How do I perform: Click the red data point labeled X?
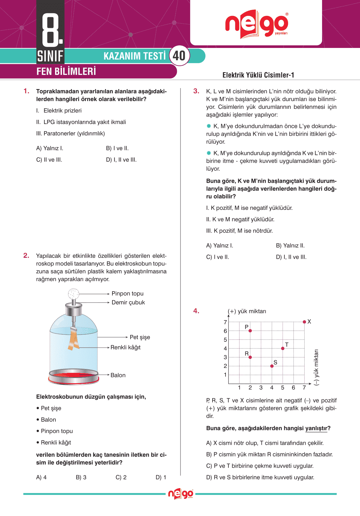pos(304,322)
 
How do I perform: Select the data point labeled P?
pos(250,331)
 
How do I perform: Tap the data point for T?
pos(283,348)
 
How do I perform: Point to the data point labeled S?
pos(272,366)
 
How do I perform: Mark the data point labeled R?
pos(250,357)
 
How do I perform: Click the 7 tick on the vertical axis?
pos(226,322)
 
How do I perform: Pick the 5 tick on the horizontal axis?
pos(283,387)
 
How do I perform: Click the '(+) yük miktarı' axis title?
pos(247,311)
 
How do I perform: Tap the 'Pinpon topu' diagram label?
pos(127,293)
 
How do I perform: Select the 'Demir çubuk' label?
pos(128,302)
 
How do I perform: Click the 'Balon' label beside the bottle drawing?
pos(118,375)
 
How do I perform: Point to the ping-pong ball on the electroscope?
pos(74,294)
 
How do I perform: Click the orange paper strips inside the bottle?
pos(74,339)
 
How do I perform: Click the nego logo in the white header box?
pos(257,24)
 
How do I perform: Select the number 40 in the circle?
pos(179,56)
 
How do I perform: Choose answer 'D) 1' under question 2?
pos(161,477)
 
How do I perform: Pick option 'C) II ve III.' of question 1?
pos(49,160)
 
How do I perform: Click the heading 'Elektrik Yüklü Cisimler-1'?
pos(258,75)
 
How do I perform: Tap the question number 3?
pos(196,91)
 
